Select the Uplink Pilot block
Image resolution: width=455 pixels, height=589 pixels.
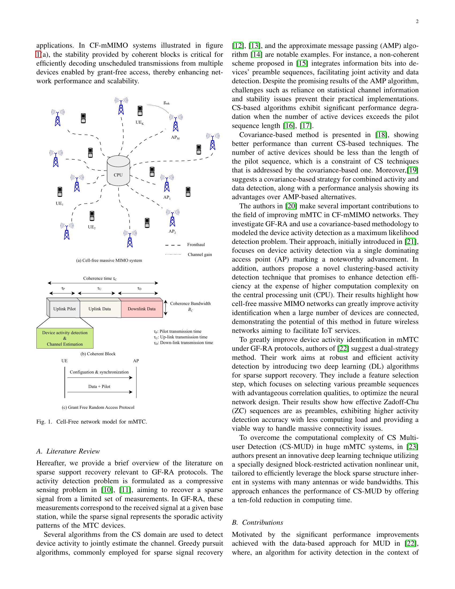(65, 309)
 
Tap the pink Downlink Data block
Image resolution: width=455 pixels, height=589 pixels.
(142, 309)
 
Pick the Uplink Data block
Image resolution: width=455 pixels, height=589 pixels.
(100, 309)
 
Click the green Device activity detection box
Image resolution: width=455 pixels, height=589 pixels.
(65, 338)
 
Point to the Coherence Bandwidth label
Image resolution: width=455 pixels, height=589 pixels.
(190, 304)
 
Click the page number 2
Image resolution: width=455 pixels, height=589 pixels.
(417, 22)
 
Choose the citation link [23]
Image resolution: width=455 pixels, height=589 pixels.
(413, 447)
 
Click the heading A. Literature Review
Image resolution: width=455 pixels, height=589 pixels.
(68, 451)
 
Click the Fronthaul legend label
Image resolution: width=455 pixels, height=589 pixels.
(196, 245)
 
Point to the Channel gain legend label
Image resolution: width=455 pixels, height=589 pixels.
(200, 254)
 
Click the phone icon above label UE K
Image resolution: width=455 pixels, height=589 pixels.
(140, 111)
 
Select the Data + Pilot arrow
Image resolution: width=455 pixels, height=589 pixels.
(100, 392)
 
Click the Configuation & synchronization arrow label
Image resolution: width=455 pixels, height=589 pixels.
(99, 372)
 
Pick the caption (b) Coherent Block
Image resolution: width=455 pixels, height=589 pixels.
(98, 354)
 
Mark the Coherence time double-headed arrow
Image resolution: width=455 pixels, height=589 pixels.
(103, 283)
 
